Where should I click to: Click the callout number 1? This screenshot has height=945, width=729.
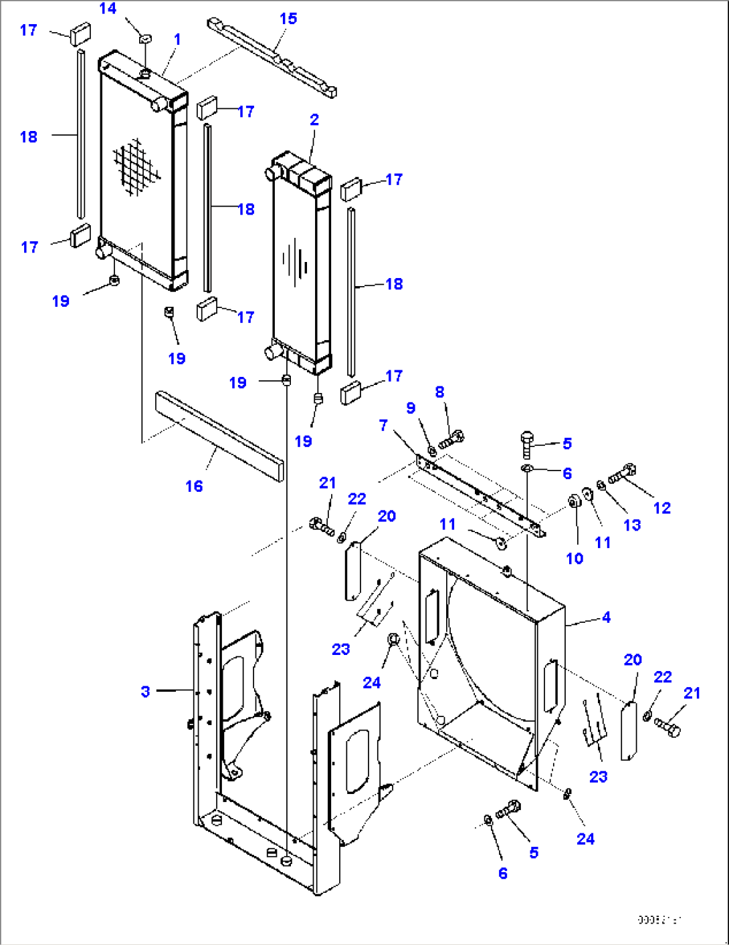pos(177,39)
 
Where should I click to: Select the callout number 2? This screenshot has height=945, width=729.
pos(314,120)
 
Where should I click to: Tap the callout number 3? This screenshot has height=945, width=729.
pos(145,691)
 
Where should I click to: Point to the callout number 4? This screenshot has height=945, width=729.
pos(606,617)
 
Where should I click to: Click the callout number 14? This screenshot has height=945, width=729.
pos(108,9)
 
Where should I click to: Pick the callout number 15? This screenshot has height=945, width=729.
pos(288,19)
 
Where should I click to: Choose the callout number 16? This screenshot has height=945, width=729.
pos(194,486)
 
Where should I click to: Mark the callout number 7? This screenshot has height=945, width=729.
pos(383,425)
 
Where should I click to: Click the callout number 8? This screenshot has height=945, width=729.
pos(439,392)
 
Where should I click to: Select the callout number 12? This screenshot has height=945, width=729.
pos(661,508)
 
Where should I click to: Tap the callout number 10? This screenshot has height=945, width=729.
pos(575,559)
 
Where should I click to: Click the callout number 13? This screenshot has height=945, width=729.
pos(632,525)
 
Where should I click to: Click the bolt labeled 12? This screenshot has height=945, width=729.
pos(622,474)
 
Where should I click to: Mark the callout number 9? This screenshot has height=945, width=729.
pos(411,408)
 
